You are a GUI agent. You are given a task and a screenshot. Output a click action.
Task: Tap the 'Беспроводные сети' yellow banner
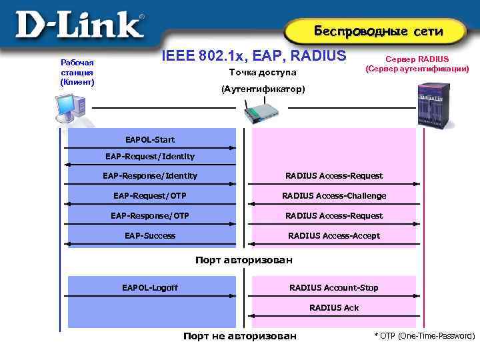(378, 31)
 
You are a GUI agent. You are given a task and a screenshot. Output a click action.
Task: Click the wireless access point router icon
(261, 111)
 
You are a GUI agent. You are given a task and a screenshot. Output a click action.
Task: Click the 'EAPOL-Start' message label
(150, 139)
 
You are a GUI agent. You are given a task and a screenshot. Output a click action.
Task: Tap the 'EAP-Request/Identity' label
(150, 156)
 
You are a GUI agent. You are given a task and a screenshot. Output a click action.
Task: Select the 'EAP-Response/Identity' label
(150, 175)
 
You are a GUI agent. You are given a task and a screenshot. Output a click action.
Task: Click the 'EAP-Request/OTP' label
(150, 195)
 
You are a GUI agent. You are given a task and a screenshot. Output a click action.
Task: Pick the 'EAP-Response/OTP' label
(150, 215)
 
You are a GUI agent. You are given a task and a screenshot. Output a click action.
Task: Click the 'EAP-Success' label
(150, 235)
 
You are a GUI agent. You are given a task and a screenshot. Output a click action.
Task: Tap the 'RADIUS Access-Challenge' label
(334, 195)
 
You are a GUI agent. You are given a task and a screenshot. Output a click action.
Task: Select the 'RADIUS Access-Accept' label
(334, 235)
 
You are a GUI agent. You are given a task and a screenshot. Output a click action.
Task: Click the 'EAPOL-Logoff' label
(150, 287)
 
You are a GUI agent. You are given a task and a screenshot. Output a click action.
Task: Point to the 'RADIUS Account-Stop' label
(334, 287)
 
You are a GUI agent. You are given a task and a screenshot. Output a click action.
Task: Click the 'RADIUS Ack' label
(334, 307)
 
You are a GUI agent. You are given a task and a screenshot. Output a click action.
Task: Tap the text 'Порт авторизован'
(243, 260)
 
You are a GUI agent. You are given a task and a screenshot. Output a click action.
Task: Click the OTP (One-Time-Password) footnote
(425, 336)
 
